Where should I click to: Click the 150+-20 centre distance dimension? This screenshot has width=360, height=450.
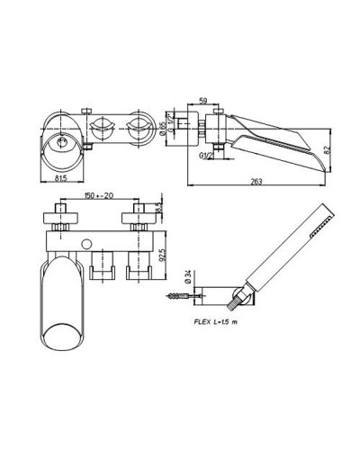point(100,195)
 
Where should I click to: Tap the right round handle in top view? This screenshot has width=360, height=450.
point(139,126)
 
